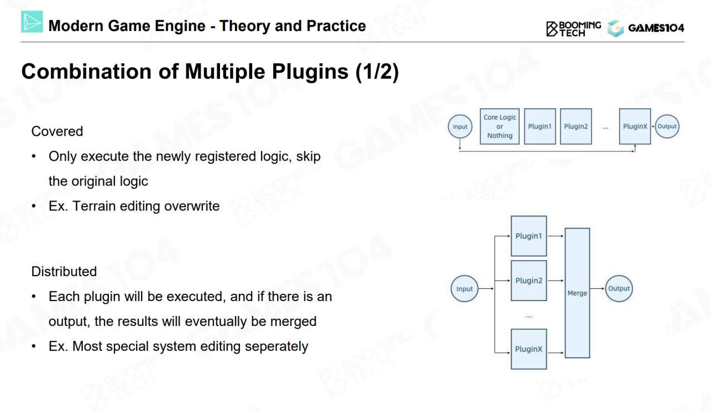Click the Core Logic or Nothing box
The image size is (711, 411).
click(x=499, y=127)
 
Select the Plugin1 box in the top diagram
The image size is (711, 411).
click(x=539, y=127)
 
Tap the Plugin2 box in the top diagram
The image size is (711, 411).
click(x=576, y=127)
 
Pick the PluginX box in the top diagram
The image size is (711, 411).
click(x=635, y=127)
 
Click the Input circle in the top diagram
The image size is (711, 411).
click(x=460, y=127)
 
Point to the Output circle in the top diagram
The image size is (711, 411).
click(x=667, y=127)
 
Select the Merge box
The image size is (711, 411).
click(x=577, y=293)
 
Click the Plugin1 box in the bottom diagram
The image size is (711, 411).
click(x=528, y=236)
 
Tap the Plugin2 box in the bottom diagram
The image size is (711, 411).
click(x=528, y=280)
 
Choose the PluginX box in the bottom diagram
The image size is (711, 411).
click(x=528, y=349)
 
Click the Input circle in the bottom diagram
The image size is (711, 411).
click(x=464, y=289)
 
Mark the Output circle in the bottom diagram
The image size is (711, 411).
click(x=619, y=289)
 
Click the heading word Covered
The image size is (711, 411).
click(x=57, y=131)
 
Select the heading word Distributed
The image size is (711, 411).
click(x=64, y=272)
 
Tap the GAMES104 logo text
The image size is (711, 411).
click(x=655, y=28)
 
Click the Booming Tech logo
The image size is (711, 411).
click(x=574, y=28)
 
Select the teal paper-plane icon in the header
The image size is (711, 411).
click(x=32, y=22)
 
